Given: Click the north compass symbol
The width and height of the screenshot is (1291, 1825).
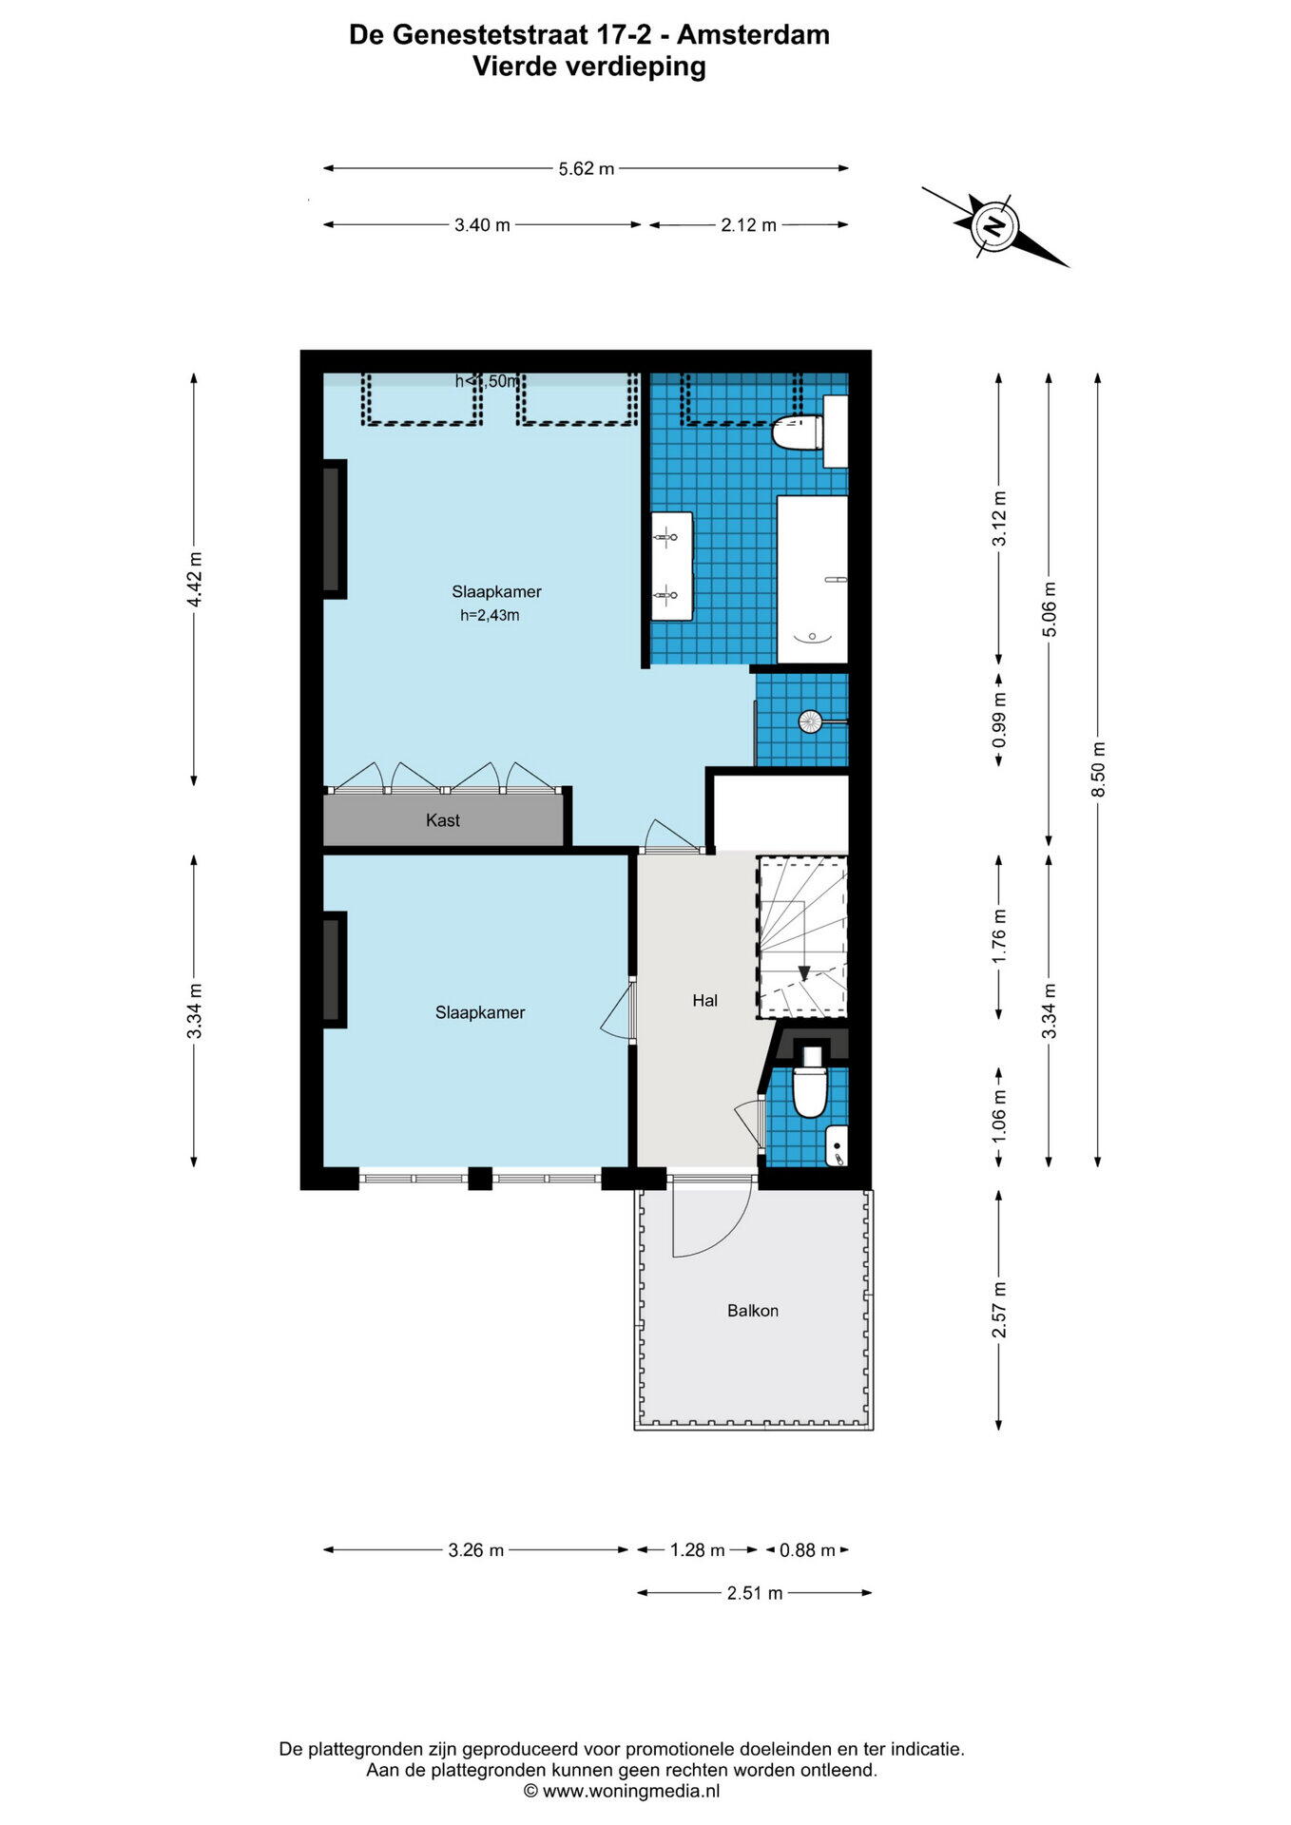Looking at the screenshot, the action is tap(994, 226).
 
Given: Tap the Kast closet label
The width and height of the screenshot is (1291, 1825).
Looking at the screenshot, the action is tap(443, 820).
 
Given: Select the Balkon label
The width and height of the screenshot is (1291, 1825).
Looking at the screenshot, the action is tap(753, 1311).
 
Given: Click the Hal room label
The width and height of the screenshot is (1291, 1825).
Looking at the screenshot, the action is tap(704, 1000).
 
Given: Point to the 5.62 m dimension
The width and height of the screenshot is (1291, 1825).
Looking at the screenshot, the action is tap(587, 169).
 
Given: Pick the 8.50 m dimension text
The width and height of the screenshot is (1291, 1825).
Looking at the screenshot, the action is tap(1099, 769).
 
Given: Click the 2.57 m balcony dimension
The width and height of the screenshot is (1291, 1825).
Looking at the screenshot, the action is tap(999, 1310).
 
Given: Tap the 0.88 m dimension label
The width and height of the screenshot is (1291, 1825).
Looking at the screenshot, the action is tap(807, 1550).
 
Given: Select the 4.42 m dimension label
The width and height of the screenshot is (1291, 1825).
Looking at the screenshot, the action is tap(194, 579).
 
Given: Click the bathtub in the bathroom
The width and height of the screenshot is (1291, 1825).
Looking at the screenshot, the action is tap(813, 580).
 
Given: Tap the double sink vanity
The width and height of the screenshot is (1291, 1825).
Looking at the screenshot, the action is tap(671, 567).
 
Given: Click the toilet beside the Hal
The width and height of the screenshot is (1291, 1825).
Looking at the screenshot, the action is tap(811, 1083).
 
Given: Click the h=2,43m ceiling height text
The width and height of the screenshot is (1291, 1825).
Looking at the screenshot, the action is tap(490, 615).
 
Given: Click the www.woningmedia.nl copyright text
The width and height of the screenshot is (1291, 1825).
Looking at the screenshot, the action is tap(622, 1791).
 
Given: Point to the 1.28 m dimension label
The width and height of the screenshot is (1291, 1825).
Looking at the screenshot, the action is tap(697, 1550).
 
